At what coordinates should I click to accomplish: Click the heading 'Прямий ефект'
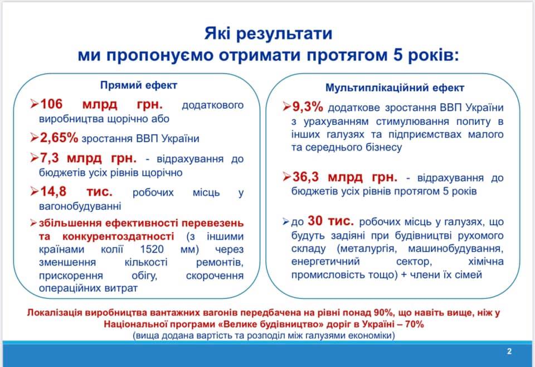point(139,85)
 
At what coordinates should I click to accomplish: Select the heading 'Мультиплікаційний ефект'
point(395,88)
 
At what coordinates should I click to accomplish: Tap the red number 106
point(53,105)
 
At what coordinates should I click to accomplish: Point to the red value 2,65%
point(59,138)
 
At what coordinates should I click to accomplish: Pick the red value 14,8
point(53,192)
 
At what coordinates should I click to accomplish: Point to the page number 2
point(509,351)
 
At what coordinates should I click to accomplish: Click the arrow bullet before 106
point(35,105)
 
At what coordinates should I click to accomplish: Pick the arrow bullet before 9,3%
point(287,107)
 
